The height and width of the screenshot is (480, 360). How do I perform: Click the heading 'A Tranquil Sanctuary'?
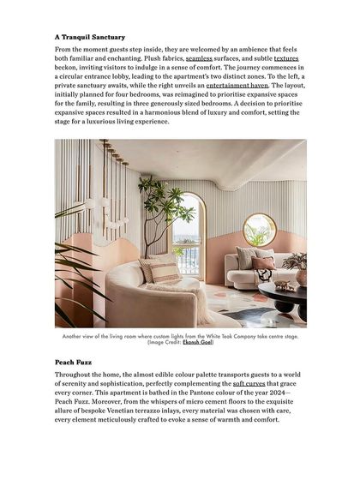tap(89, 38)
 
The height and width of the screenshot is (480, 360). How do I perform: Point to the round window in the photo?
tap(260, 229)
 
